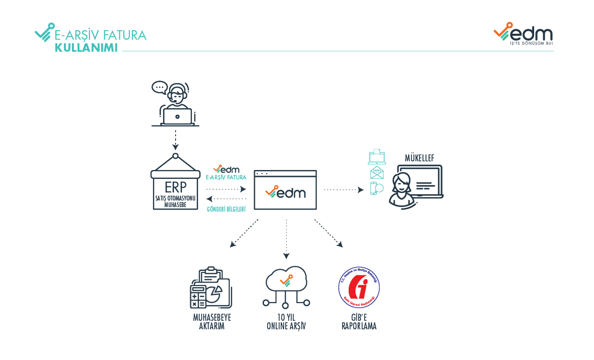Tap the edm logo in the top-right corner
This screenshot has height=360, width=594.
tap(523, 34)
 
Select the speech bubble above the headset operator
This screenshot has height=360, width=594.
tap(159, 88)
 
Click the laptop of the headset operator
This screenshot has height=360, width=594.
tap(177, 117)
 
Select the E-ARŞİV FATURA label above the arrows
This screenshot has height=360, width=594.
tap(226, 177)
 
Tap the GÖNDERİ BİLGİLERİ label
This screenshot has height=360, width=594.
tap(226, 208)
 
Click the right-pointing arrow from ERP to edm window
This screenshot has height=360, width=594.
tap(226, 190)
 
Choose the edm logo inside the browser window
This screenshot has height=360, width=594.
tap(285, 192)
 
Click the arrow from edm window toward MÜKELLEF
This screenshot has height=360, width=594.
tap(343, 190)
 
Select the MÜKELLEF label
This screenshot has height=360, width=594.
tap(419, 159)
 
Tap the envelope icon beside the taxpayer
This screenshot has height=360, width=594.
tap(377, 173)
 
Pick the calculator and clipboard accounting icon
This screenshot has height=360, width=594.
tap(209, 287)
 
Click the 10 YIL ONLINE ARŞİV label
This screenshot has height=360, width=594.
tap(286, 322)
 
